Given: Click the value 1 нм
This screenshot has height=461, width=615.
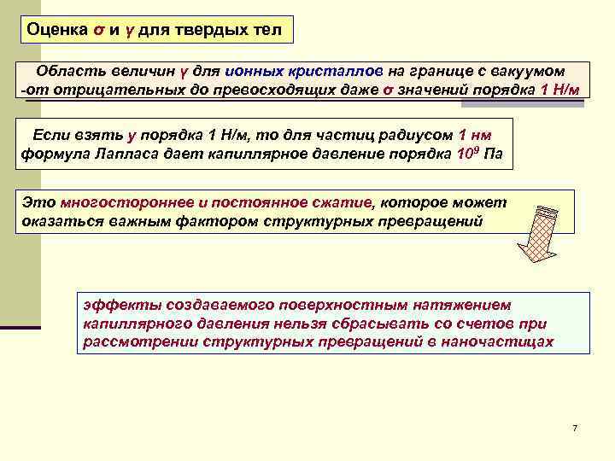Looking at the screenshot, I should [475, 135].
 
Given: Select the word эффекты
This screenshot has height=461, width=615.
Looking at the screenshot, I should [114, 305].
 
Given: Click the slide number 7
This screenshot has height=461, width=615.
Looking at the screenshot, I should [575, 428].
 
